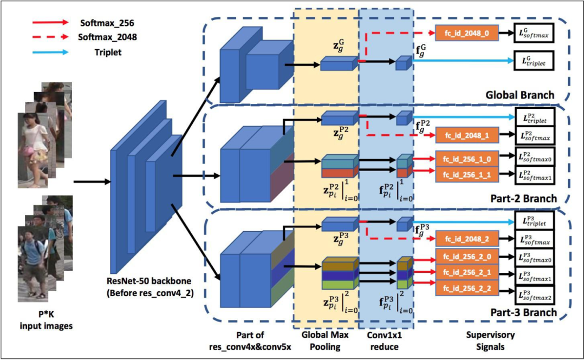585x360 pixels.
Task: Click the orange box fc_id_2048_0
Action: (x=466, y=34)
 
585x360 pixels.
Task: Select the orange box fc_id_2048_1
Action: (x=466, y=134)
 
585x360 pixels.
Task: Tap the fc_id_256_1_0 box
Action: (x=466, y=160)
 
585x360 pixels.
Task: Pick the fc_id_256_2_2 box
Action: (x=466, y=289)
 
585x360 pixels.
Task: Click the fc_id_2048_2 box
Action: (x=466, y=238)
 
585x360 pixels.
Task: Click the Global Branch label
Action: (x=521, y=95)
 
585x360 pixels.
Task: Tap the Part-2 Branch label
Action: (x=522, y=199)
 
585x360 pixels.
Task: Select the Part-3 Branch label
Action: (x=522, y=312)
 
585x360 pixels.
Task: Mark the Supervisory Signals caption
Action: (x=490, y=340)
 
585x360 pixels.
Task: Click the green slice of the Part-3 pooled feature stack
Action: (x=338, y=284)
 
